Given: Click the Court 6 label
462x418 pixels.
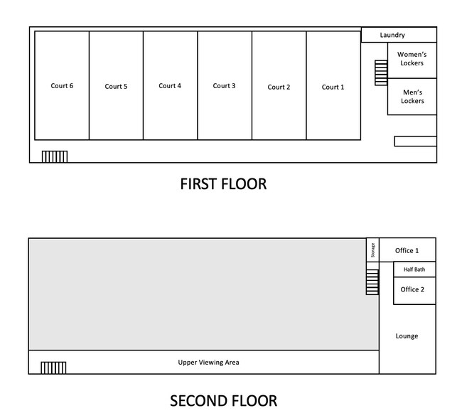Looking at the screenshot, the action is click(62, 86).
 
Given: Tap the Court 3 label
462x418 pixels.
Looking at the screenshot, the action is click(224, 86).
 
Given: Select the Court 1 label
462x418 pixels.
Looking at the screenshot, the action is click(333, 87).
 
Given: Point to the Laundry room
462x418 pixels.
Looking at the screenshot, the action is click(399, 35).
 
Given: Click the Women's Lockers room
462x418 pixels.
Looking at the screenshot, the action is click(412, 60).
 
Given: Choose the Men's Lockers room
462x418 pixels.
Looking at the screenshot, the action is click(412, 97).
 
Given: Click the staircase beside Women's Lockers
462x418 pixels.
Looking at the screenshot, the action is click(381, 73).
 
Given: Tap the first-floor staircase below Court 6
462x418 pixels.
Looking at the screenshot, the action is click(55, 156).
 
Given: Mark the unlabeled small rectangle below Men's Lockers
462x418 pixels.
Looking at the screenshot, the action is click(416, 141).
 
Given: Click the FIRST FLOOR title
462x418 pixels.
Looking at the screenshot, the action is click(223, 184).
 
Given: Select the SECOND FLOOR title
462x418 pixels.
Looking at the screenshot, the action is click(223, 401).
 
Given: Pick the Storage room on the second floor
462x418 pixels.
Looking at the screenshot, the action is click(372, 250).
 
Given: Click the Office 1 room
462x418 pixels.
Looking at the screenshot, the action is click(407, 250).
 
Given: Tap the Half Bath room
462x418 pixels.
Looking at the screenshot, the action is click(414, 269).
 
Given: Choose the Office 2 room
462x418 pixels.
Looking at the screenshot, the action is click(414, 291).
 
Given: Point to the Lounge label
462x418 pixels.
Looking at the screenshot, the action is click(407, 336).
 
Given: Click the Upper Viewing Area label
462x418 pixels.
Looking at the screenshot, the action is click(208, 363).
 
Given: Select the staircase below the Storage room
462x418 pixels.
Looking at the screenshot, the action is click(372, 282).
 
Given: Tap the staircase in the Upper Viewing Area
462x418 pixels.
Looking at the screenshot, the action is click(53, 368).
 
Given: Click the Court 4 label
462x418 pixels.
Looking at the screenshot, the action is click(170, 86).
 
